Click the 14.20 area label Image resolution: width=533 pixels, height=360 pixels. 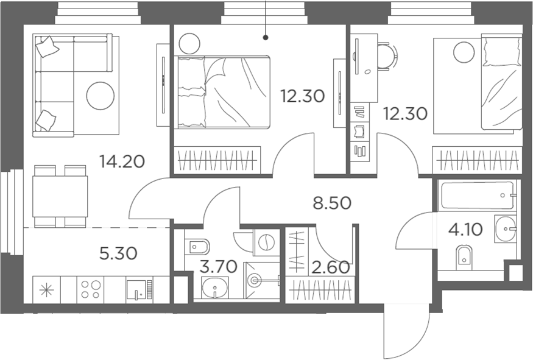(x=122, y=161)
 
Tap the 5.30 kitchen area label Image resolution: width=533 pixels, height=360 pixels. (x=118, y=253)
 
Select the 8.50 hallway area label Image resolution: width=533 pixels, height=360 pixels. (x=332, y=203)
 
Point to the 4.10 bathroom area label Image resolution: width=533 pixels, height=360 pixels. (x=465, y=230)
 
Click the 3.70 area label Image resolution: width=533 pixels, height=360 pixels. (x=218, y=267)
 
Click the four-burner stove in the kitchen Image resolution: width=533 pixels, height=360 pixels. (x=90, y=289)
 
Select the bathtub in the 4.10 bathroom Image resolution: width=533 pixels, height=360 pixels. (x=477, y=196)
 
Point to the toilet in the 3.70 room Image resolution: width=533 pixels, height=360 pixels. (x=197, y=245)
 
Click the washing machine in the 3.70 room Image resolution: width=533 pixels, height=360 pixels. (x=266, y=242)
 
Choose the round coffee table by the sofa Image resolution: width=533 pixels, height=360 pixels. (x=101, y=96)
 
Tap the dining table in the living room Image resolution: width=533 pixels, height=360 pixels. (x=60, y=196)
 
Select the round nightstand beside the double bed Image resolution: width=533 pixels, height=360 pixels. (x=189, y=43)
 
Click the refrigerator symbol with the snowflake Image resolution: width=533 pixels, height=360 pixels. (x=46, y=289)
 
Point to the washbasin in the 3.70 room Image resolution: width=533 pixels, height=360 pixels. (x=215, y=288)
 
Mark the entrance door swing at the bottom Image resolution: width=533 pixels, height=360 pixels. (x=406, y=331)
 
